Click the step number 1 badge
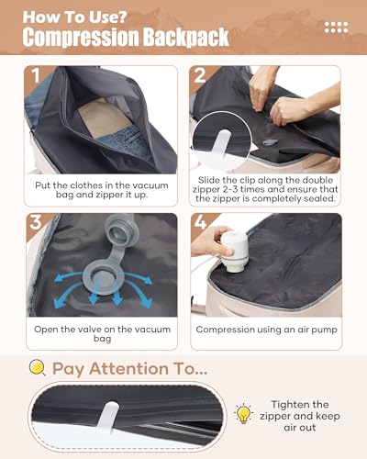click(36, 75)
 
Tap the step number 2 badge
click(200, 75)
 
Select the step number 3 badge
click(36, 222)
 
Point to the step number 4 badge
click(200, 222)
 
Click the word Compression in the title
click(81, 37)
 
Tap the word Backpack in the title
click(186, 37)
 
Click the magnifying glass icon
click(38, 367)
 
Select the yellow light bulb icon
click(243, 413)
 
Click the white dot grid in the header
click(336, 28)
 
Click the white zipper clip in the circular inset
click(222, 143)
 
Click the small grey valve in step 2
click(270, 141)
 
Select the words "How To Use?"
click(74, 17)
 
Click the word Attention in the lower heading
click(128, 368)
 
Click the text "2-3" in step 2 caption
click(228, 189)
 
